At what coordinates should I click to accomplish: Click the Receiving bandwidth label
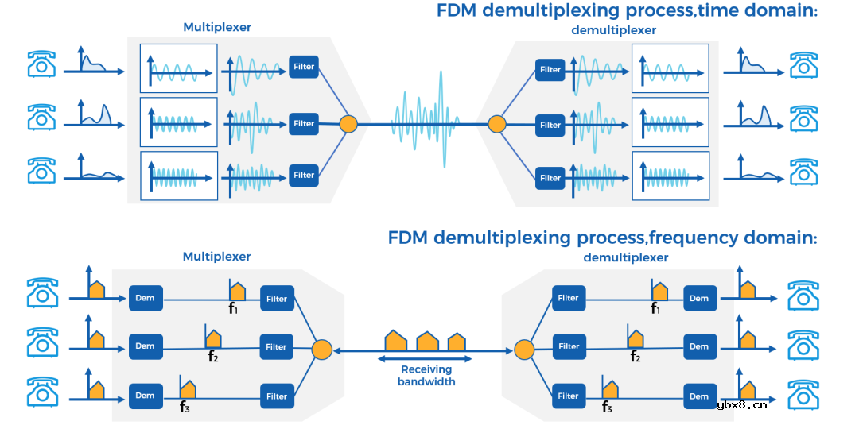(426, 375)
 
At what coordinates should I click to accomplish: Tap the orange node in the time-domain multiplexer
(348, 124)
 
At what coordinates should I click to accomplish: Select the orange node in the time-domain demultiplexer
(496, 124)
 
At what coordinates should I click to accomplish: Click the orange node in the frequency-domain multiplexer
(321, 349)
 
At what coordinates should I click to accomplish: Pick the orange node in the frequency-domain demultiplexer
(523, 349)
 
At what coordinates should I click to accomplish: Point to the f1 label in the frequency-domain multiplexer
(234, 308)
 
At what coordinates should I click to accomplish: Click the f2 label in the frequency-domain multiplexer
(212, 357)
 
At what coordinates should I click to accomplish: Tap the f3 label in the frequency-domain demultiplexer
(607, 407)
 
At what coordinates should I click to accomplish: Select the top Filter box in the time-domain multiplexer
(304, 67)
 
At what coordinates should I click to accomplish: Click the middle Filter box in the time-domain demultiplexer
(550, 125)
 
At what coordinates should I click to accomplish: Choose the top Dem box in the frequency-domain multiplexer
(145, 298)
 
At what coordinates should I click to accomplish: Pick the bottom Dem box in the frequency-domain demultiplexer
(699, 396)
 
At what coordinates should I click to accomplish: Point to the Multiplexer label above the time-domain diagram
(217, 27)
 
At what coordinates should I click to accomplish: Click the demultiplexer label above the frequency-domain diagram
(626, 257)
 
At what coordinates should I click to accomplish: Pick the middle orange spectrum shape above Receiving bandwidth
(427, 341)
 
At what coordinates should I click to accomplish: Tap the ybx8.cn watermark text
(741, 404)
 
